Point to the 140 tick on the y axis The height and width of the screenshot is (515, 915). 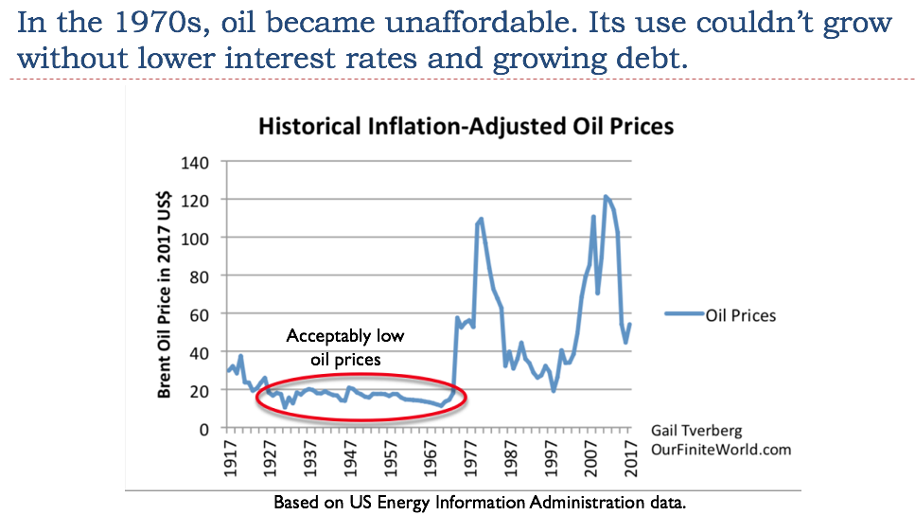pos(196,162)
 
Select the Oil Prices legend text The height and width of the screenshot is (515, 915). pos(741,315)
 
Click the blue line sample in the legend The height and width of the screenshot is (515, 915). pos(684,315)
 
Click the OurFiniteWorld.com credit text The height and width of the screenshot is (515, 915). pos(721,450)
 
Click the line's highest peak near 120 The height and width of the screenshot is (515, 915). pos(606,197)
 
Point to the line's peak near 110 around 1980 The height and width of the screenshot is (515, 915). pos(482,219)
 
